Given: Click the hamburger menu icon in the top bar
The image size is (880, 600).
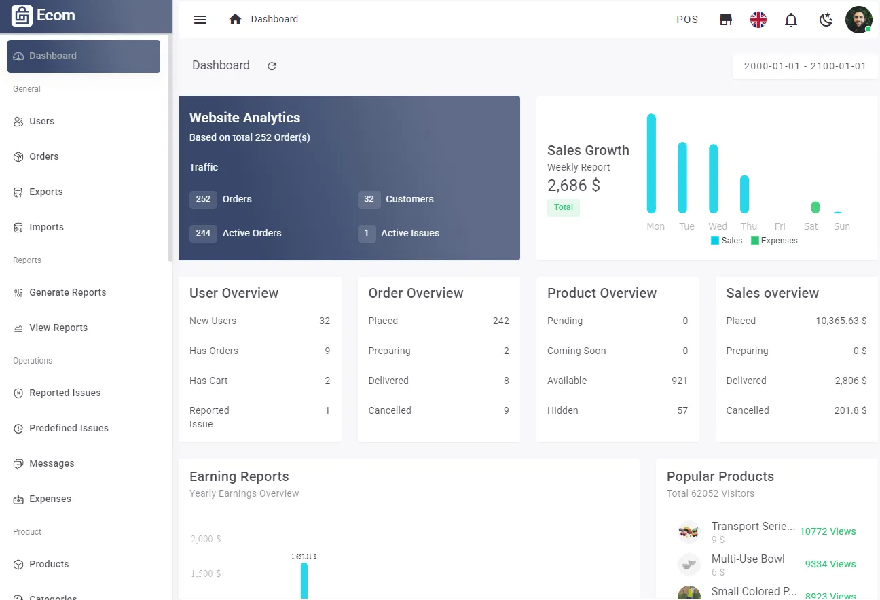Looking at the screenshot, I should click(200, 20).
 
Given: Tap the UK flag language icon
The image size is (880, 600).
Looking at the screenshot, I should click(758, 20).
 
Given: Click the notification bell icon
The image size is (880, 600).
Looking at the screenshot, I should click(791, 20).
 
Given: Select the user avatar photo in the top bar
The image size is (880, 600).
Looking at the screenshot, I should click(858, 20).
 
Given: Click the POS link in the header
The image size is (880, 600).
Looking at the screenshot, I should click(687, 20).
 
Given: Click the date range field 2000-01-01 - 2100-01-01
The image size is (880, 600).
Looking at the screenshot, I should click(805, 67).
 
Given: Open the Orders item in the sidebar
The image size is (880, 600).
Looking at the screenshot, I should click(44, 156).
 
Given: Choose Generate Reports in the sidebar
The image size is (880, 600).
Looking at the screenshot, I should click(67, 292).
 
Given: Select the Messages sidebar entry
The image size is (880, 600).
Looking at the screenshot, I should click(52, 463).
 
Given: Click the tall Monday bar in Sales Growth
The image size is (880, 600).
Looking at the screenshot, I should click(651, 163).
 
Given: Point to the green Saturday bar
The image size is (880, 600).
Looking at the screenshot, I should click(815, 207).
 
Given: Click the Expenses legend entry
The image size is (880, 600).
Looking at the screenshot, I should click(774, 241).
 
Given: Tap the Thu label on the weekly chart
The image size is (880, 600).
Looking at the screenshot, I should click(749, 226).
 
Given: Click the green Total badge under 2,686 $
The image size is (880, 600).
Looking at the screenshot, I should click(564, 207).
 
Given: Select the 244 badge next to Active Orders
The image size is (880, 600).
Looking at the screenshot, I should click(203, 233).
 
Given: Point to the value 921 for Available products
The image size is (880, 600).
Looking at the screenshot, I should click(679, 381).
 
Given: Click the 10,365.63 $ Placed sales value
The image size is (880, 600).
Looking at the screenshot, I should click(841, 321).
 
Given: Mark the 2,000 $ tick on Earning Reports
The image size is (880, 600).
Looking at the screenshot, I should click(206, 539).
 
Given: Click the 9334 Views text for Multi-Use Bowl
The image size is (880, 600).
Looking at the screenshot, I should click(830, 564).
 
